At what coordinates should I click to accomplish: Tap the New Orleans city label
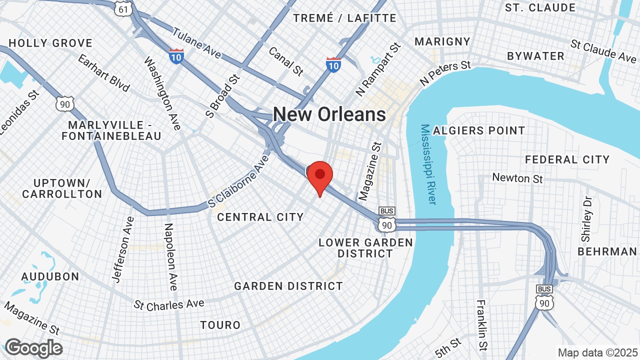click(329, 114)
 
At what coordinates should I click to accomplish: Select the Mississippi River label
click(428, 164)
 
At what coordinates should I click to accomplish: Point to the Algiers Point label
click(479, 131)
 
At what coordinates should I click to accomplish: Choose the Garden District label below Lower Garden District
click(288, 286)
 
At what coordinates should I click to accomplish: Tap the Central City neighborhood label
click(260, 217)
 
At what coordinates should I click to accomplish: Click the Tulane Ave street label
click(196, 43)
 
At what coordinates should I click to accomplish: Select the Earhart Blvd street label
click(103, 73)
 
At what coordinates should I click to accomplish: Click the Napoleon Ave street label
click(170, 256)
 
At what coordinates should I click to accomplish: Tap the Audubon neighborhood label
click(50, 276)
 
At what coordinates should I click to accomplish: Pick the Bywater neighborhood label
click(535, 56)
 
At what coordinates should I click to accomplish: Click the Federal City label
click(567, 159)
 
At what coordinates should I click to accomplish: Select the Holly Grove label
click(50, 43)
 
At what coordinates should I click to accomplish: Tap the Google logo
click(33, 348)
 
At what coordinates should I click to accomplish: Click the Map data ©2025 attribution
click(597, 352)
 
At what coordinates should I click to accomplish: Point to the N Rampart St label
click(378, 69)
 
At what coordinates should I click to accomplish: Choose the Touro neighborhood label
click(220, 325)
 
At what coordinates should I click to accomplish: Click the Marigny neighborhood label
click(442, 41)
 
